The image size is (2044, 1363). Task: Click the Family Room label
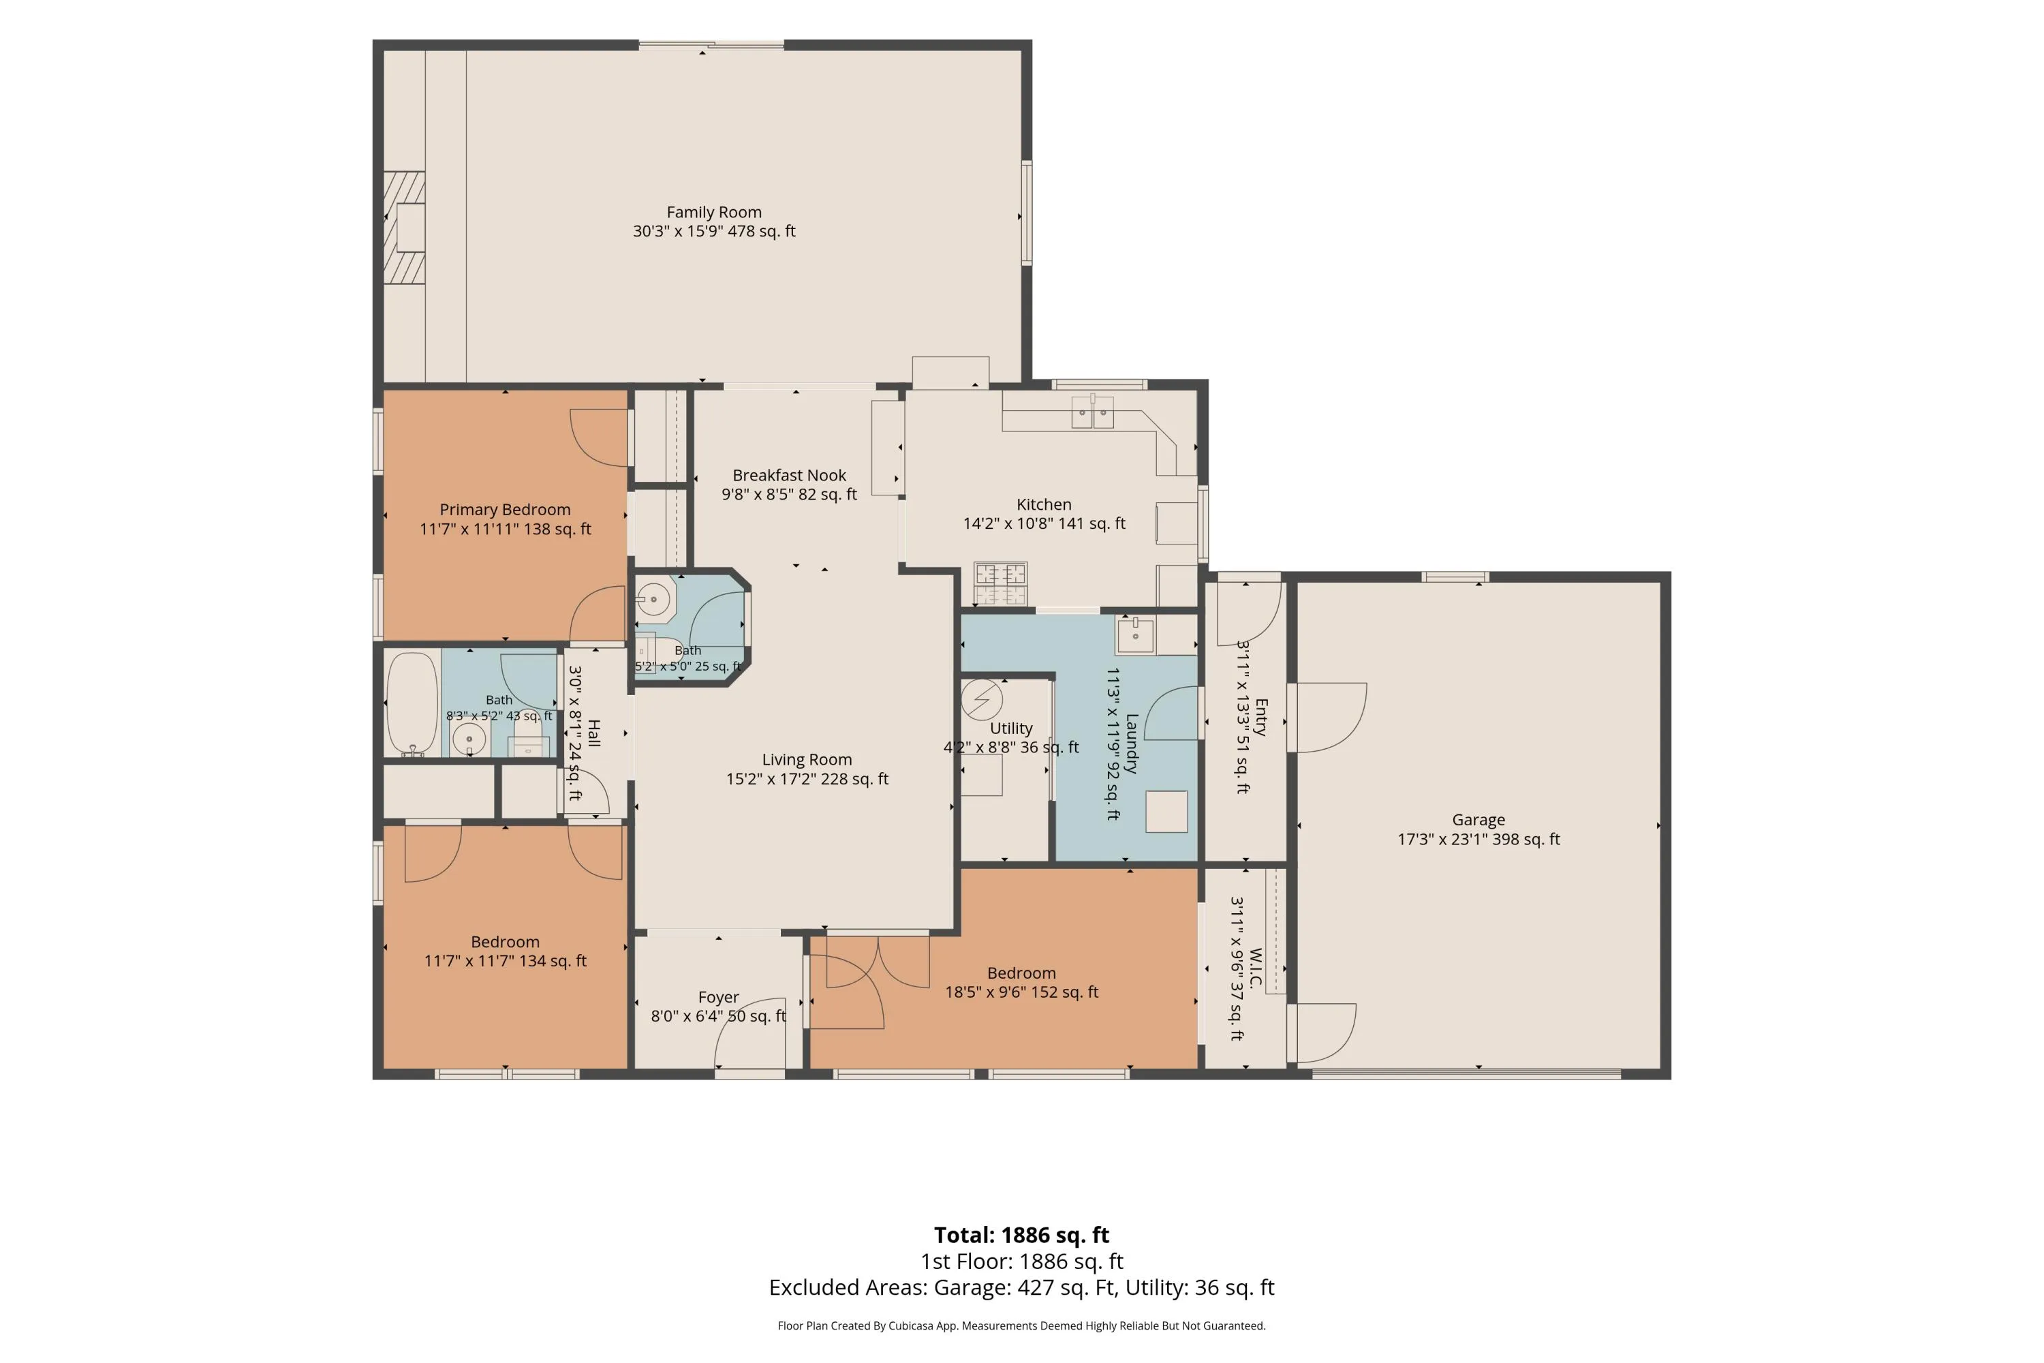(x=713, y=212)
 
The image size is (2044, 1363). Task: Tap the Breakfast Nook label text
(x=789, y=476)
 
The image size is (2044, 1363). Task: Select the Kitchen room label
(x=1044, y=504)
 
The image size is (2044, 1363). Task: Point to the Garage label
(x=1478, y=820)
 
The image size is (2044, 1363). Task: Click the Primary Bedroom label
(x=505, y=509)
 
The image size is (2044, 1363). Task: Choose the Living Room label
(x=807, y=760)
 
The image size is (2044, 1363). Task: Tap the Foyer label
(x=719, y=997)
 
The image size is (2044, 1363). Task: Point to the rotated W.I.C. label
(x=1256, y=968)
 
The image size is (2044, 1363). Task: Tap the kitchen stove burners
(x=1000, y=583)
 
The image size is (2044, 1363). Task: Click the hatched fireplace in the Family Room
(x=405, y=228)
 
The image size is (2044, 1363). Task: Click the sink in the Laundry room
(x=1135, y=634)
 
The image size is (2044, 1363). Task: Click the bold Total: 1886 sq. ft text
(x=1021, y=1234)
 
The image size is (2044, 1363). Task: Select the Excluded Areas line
(x=1021, y=1287)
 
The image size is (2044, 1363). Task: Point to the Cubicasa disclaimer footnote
(x=1021, y=1326)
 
